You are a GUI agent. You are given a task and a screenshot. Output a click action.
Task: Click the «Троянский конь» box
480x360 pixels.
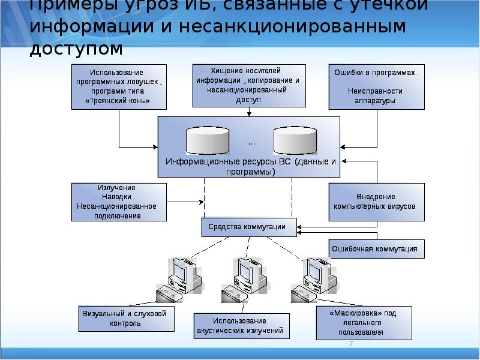pyautogui.click(x=119, y=86)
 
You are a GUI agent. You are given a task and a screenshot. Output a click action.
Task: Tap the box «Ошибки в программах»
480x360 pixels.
pyautogui.click(x=376, y=86)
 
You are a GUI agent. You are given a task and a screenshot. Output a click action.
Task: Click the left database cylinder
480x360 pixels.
pyautogui.click(x=208, y=141)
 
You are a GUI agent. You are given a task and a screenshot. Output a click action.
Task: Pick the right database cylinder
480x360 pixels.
pyautogui.click(x=295, y=141)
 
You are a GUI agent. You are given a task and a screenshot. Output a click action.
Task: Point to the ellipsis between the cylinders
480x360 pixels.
pyautogui.click(x=251, y=143)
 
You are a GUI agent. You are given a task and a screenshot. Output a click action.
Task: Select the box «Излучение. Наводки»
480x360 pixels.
pyautogui.click(x=119, y=202)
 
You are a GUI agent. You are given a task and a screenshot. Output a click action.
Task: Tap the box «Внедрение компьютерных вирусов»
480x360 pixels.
pyautogui.click(x=376, y=202)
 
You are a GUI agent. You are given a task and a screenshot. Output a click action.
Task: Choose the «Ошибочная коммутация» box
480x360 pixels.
pyautogui.click(x=376, y=248)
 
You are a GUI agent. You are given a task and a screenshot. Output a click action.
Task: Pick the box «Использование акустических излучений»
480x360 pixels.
pyautogui.click(x=239, y=326)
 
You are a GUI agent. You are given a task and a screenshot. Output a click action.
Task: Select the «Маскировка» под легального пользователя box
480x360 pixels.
pyautogui.click(x=364, y=322)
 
